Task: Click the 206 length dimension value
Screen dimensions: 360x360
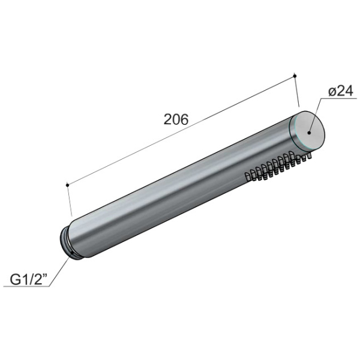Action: [x=176, y=119]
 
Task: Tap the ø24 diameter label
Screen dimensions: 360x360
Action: [x=341, y=92]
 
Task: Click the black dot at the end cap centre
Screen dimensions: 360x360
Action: [x=309, y=133]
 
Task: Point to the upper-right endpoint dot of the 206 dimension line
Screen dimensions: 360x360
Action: [x=295, y=76]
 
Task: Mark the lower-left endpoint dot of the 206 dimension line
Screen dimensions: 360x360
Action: [x=67, y=185]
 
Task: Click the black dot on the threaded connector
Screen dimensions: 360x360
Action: [x=73, y=253]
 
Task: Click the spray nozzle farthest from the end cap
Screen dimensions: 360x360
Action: [x=248, y=176]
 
